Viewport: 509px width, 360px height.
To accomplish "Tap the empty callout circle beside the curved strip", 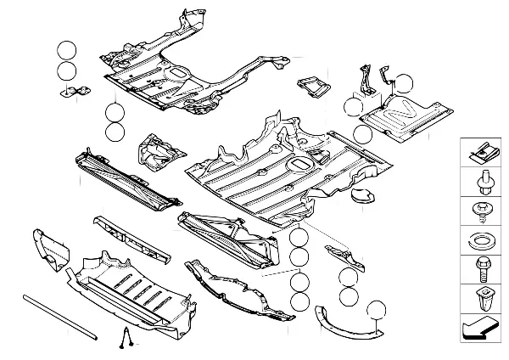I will coord(376,312).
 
